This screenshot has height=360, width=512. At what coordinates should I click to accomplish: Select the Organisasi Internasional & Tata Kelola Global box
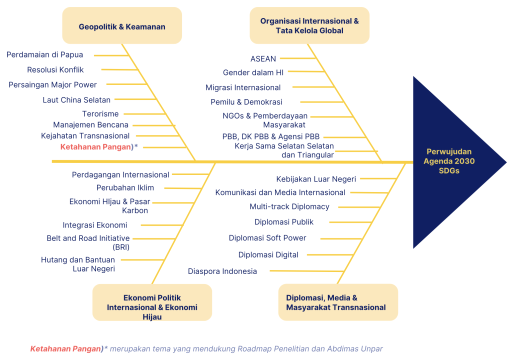pyautogui.click(x=309, y=26)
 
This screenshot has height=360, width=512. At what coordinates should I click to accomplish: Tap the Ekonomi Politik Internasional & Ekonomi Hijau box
pyautogui.click(x=152, y=302)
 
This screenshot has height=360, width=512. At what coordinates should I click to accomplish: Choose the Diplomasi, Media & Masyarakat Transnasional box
pyautogui.click(x=338, y=302)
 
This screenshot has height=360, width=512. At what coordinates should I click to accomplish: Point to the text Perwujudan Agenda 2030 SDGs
pyautogui.click(x=449, y=161)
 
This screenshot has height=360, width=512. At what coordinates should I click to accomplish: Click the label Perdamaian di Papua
pyautogui.click(x=44, y=55)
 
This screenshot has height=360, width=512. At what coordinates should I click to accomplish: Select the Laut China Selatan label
pyautogui.click(x=76, y=100)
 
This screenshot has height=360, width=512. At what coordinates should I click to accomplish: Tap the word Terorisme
pyautogui.click(x=100, y=114)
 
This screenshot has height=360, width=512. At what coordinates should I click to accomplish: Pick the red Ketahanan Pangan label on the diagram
pyautogui.click(x=95, y=147)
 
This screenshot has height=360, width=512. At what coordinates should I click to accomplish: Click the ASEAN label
pyautogui.click(x=263, y=59)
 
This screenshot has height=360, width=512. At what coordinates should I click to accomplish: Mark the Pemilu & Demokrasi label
pyautogui.click(x=246, y=102)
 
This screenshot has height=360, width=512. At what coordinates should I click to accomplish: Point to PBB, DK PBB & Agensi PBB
pyautogui.click(x=271, y=136)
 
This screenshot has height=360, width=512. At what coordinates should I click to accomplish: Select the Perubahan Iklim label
pyautogui.click(x=125, y=188)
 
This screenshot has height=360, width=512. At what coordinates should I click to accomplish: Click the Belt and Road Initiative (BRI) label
pyautogui.click(x=88, y=242)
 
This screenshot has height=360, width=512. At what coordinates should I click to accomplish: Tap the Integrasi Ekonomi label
pyautogui.click(x=95, y=225)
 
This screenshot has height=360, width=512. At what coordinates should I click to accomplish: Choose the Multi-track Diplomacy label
pyautogui.click(x=289, y=206)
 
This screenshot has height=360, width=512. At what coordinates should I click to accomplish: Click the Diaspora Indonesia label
pyautogui.click(x=222, y=271)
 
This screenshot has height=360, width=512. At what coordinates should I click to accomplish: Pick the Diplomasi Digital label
pyautogui.click(x=268, y=255)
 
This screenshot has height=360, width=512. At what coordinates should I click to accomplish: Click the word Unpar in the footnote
pyautogui.click(x=372, y=349)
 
